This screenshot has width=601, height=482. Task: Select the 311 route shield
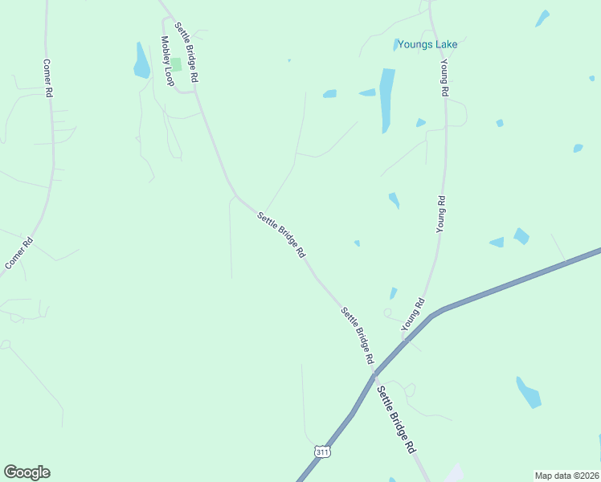point(322,452)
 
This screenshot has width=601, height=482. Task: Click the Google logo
point(27,472)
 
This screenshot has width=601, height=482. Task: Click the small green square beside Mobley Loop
point(175,63)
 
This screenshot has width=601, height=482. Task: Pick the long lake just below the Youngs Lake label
point(386,98)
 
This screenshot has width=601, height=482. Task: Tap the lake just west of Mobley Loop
point(141,62)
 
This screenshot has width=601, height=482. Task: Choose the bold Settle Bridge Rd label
point(396,418)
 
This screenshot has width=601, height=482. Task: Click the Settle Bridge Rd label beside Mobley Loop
point(186,53)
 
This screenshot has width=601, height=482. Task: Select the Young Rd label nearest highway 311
point(412,314)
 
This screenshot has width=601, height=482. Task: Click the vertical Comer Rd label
point(47,78)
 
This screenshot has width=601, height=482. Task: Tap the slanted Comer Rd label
point(18,253)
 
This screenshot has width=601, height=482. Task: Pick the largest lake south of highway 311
point(528,392)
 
